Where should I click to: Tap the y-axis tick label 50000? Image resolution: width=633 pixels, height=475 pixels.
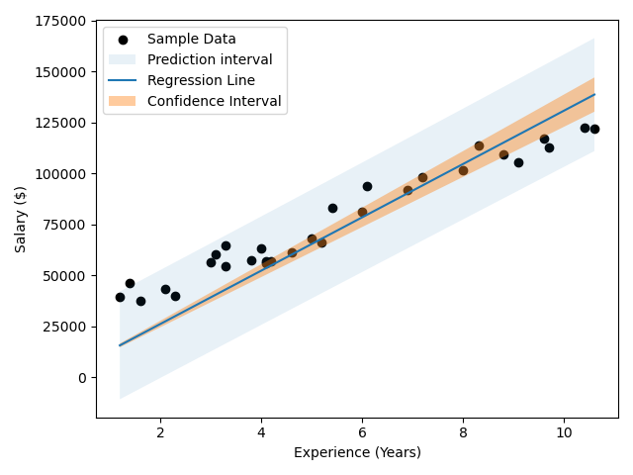click(x=65, y=275)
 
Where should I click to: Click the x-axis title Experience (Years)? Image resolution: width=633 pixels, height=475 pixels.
click(x=357, y=453)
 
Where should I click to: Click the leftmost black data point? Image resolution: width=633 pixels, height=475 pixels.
click(x=120, y=297)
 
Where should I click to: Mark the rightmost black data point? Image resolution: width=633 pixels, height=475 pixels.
click(x=594, y=129)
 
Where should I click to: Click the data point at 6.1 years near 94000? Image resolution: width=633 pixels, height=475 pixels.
click(x=367, y=186)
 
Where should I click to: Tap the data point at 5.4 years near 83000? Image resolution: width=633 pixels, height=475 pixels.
click(x=332, y=208)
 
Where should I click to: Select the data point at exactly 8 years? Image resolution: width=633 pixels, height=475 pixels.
click(x=463, y=170)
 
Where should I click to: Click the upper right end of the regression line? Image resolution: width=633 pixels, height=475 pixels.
click(x=594, y=94)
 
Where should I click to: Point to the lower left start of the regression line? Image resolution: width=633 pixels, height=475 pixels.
click(x=120, y=345)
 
